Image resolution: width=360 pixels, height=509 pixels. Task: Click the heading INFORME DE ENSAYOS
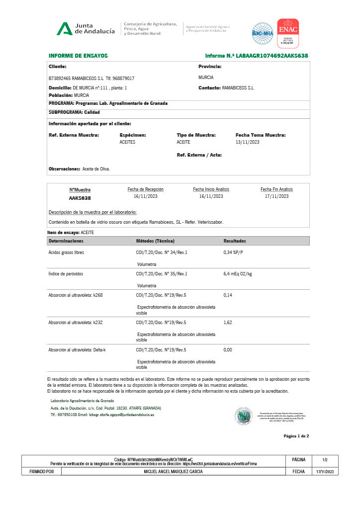[78, 56]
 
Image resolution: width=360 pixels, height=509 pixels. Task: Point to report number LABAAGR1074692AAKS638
[272, 56]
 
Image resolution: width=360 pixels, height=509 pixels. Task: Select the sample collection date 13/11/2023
[248, 142]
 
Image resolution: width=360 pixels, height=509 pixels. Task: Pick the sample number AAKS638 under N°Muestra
[80, 197]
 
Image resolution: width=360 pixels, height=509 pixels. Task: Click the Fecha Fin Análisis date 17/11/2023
[276, 196]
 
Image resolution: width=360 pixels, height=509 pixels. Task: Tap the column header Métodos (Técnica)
[155, 241]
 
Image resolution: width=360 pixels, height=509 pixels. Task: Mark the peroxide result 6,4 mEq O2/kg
[238, 274]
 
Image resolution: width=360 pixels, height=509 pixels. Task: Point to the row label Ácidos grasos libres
[66, 253]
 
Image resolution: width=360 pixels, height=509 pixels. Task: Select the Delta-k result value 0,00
[228, 350]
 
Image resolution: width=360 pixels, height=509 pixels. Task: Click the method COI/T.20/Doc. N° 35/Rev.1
[162, 274]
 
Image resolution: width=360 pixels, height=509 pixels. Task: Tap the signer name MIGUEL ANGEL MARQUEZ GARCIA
[173, 472]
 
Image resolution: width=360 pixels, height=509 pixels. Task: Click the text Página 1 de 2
[296, 436]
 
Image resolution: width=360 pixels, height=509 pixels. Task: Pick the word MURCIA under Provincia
[206, 78]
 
